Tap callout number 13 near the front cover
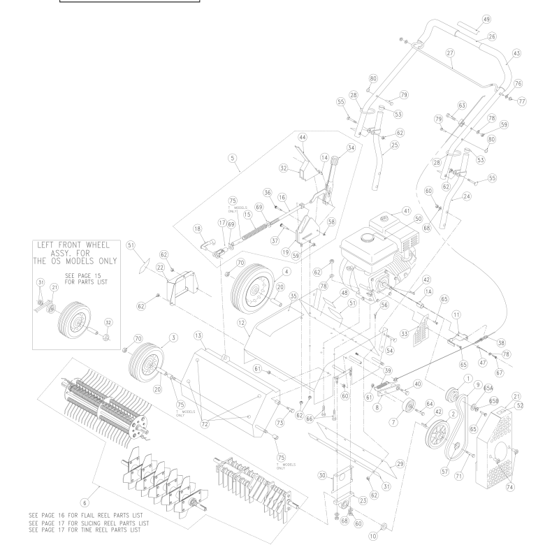click(x=199, y=335)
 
